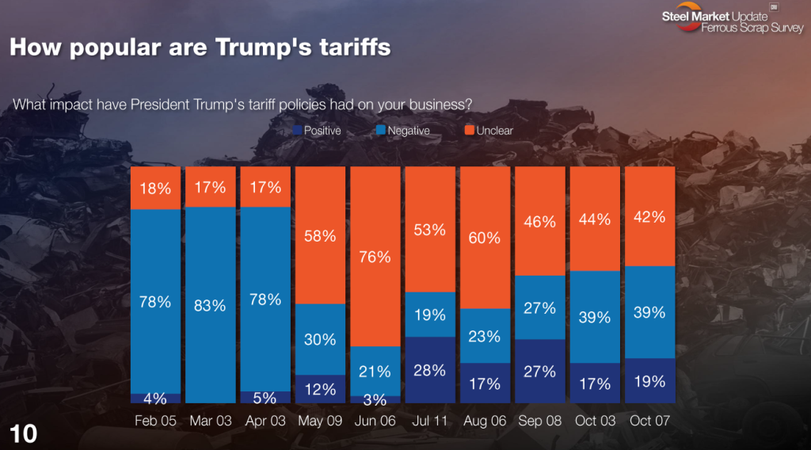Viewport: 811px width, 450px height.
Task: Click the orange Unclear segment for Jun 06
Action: tap(375, 256)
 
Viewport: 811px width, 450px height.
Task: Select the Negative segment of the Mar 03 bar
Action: tap(210, 305)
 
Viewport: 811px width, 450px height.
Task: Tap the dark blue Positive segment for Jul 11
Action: tap(430, 369)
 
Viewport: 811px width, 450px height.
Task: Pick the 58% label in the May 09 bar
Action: tap(320, 236)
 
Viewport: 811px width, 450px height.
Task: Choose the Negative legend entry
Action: tap(404, 131)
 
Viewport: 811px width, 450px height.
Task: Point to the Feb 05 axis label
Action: tap(155, 421)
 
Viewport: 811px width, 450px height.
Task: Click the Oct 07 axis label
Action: tap(650, 421)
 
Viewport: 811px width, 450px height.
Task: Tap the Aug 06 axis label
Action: tap(485, 421)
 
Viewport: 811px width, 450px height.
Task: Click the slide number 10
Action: tap(23, 433)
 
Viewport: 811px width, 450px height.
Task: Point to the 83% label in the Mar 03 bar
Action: tap(210, 305)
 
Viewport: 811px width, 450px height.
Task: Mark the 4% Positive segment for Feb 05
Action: tap(155, 398)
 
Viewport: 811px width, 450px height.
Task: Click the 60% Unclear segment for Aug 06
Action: tap(485, 238)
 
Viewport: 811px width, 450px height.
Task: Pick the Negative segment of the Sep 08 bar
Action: tap(540, 307)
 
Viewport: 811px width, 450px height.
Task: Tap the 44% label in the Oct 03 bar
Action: tap(595, 219)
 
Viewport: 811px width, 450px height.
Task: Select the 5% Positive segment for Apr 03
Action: tap(265, 397)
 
